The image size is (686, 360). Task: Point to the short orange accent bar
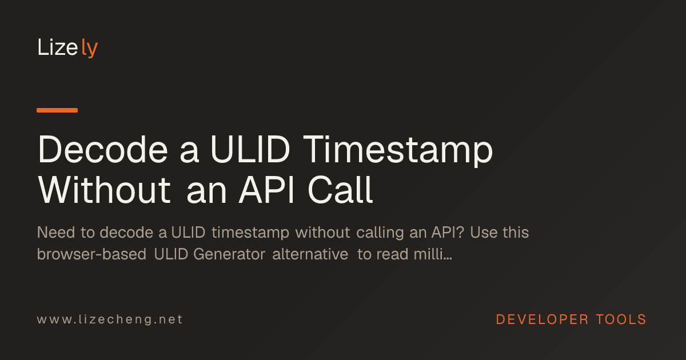tap(57, 110)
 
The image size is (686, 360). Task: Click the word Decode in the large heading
tap(102, 149)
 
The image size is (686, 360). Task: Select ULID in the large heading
tap(250, 149)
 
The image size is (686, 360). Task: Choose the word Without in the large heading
tap(104, 190)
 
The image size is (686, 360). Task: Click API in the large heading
tap(266, 190)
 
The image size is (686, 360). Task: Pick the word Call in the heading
tap(340, 190)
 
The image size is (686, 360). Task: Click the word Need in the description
tap(56, 233)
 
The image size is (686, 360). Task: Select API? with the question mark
tap(448, 233)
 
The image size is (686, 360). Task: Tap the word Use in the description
tap(482, 233)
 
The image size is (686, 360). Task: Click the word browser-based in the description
tap(91, 254)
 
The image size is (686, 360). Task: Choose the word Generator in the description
tap(229, 254)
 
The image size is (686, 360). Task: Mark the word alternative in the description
tap(310, 254)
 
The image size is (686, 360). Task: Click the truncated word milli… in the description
tap(433, 254)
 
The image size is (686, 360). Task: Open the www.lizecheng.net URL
tap(110, 319)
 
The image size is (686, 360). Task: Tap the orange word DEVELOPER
tap(542, 319)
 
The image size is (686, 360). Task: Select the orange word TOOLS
tap(621, 319)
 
